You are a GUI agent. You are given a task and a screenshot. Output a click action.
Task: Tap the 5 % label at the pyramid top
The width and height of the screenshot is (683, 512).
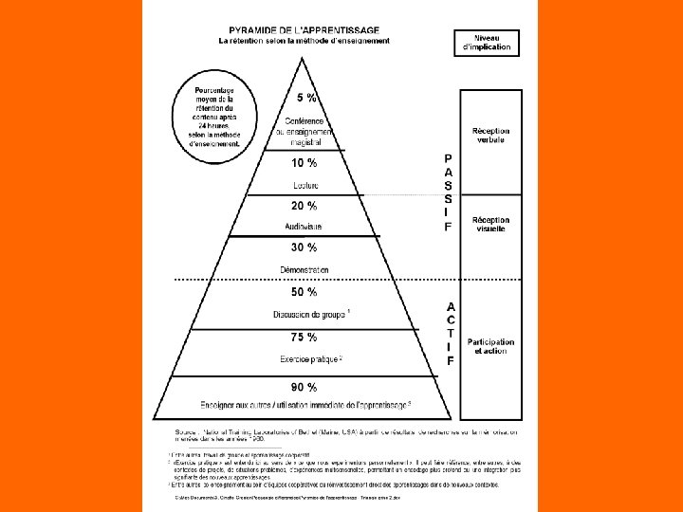tap(306, 97)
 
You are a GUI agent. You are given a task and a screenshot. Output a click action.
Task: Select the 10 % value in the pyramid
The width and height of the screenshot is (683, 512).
tap(305, 163)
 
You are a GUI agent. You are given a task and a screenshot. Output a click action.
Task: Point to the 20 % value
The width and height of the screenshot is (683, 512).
tap(305, 206)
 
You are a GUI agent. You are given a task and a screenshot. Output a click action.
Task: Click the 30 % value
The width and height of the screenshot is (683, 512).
tap(305, 248)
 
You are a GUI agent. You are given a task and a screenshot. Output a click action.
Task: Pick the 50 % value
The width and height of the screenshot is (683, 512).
tap(305, 292)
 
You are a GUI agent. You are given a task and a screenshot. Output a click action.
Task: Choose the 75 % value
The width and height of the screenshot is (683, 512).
tap(305, 337)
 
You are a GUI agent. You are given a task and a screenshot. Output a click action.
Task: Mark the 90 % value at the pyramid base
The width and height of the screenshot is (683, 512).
tap(305, 387)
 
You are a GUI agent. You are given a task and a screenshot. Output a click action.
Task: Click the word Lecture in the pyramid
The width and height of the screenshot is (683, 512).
tap(305, 186)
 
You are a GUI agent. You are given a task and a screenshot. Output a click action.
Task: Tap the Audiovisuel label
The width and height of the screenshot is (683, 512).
tap(304, 227)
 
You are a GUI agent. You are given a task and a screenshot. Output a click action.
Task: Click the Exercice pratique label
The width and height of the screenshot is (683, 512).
tap(310, 359)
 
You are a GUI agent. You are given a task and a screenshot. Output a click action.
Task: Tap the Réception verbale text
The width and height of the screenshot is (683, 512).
tap(490, 135)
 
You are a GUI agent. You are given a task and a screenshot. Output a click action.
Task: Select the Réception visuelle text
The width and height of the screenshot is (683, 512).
tap(490, 224)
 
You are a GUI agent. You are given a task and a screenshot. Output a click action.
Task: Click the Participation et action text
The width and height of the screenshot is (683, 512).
tap(490, 346)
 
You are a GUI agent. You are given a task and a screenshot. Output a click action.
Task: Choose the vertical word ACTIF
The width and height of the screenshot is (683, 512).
tap(451, 334)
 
